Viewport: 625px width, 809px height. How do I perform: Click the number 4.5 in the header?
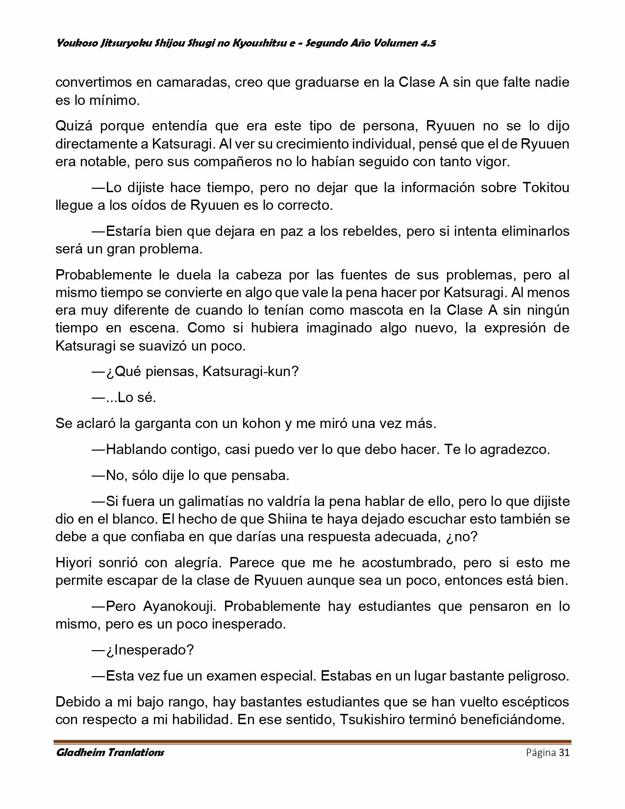tap(428, 43)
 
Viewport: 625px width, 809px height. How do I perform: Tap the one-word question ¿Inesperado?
tap(150, 650)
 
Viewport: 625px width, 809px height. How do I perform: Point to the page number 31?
tap(564, 753)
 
